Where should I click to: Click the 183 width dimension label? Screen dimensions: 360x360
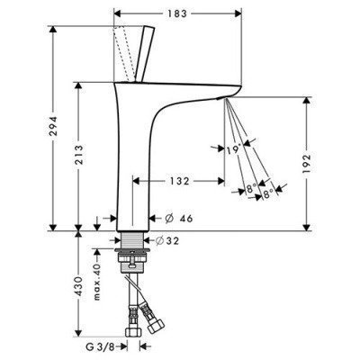[x=177, y=13]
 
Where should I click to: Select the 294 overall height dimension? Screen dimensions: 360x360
[x=53, y=126]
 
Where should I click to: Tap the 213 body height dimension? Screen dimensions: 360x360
[x=79, y=155]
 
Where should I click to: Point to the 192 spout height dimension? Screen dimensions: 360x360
[x=306, y=164]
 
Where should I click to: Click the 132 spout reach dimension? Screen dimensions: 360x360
[x=180, y=181]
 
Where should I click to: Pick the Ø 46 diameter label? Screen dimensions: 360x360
[x=179, y=219]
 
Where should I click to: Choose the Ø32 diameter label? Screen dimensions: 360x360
[x=167, y=240]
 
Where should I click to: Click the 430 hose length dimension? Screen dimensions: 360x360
[x=79, y=286]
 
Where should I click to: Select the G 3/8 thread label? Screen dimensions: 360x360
[x=100, y=346]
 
